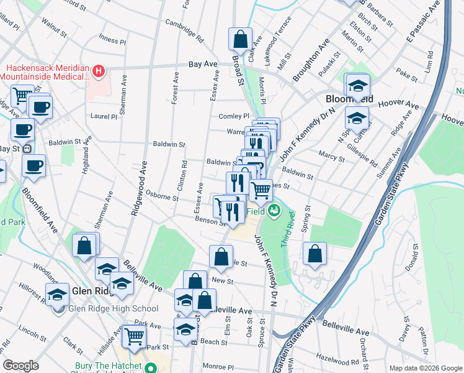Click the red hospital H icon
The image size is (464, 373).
tap(98, 73)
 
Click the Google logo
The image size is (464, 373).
tap(21, 366)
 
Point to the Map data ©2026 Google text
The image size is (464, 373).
tap(425, 368)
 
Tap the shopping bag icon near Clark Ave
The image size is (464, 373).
tap(240, 39)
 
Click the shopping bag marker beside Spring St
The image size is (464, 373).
tap(315, 254)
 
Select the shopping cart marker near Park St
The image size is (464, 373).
tap(134, 336)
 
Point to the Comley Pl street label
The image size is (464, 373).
tap(233, 116)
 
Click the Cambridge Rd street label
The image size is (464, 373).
tap(184, 30)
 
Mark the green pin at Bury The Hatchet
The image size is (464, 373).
tap(150, 367)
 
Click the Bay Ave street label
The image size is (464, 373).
tap(203, 64)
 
